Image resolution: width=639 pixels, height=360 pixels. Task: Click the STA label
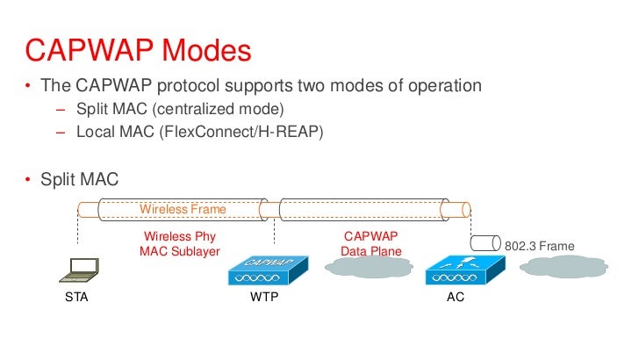(77, 298)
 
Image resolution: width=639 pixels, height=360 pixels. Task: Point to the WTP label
(264, 298)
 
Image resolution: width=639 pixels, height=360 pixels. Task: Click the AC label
(455, 298)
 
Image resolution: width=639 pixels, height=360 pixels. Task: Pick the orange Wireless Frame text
(183, 209)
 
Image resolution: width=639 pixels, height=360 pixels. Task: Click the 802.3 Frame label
(540, 247)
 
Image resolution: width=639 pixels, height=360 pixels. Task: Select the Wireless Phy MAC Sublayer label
(179, 244)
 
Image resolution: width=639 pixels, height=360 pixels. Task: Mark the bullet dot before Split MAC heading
(27, 180)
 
